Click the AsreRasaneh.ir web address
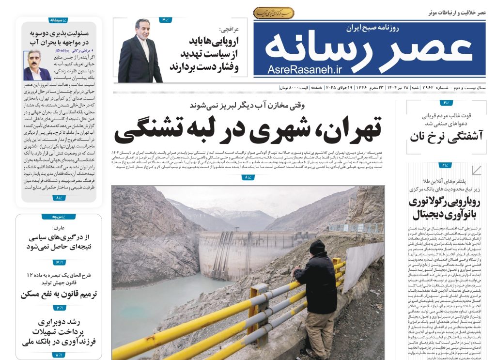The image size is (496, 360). pyautogui.click(x=304, y=70)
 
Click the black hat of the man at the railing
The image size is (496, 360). pyautogui.click(x=318, y=247)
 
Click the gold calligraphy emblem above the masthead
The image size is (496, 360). pyautogui.click(x=274, y=13)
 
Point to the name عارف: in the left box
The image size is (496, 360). pyautogui.click(x=59, y=227)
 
